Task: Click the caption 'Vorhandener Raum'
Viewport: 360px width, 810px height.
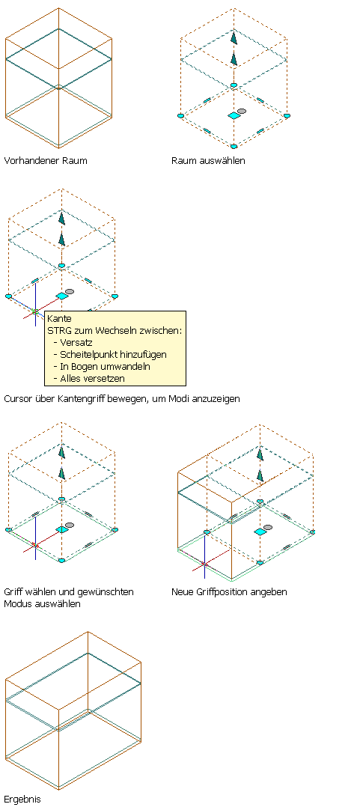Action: [x=46, y=161]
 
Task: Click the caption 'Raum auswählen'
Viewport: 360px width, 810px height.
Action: [x=208, y=161]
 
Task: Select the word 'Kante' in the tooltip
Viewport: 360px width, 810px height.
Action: [x=59, y=319]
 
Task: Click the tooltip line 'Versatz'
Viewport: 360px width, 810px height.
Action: [x=76, y=343]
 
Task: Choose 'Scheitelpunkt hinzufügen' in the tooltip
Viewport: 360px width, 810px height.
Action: [x=113, y=354]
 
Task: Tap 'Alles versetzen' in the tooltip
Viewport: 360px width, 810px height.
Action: [x=93, y=378]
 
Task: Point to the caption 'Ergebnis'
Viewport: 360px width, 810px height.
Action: [x=22, y=800]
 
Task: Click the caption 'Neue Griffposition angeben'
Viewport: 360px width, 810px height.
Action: [x=229, y=591]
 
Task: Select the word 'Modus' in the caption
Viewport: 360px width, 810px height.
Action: [x=17, y=603]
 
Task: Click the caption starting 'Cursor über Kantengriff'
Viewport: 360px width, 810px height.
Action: [x=122, y=399]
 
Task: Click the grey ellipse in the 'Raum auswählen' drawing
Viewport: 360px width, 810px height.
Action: [x=242, y=111]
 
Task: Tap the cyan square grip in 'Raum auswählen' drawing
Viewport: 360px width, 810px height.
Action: [x=234, y=116]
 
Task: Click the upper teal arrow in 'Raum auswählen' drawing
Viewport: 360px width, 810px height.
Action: [x=234, y=37]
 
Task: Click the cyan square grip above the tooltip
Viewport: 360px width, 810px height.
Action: [x=62, y=296]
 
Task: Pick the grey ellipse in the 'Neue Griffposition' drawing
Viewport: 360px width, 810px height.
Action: [x=267, y=527]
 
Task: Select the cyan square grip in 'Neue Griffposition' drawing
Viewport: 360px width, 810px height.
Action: [x=260, y=532]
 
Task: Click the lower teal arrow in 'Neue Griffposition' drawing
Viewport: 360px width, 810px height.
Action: [x=261, y=475]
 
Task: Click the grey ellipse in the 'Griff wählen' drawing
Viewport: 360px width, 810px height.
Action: [x=70, y=525]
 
